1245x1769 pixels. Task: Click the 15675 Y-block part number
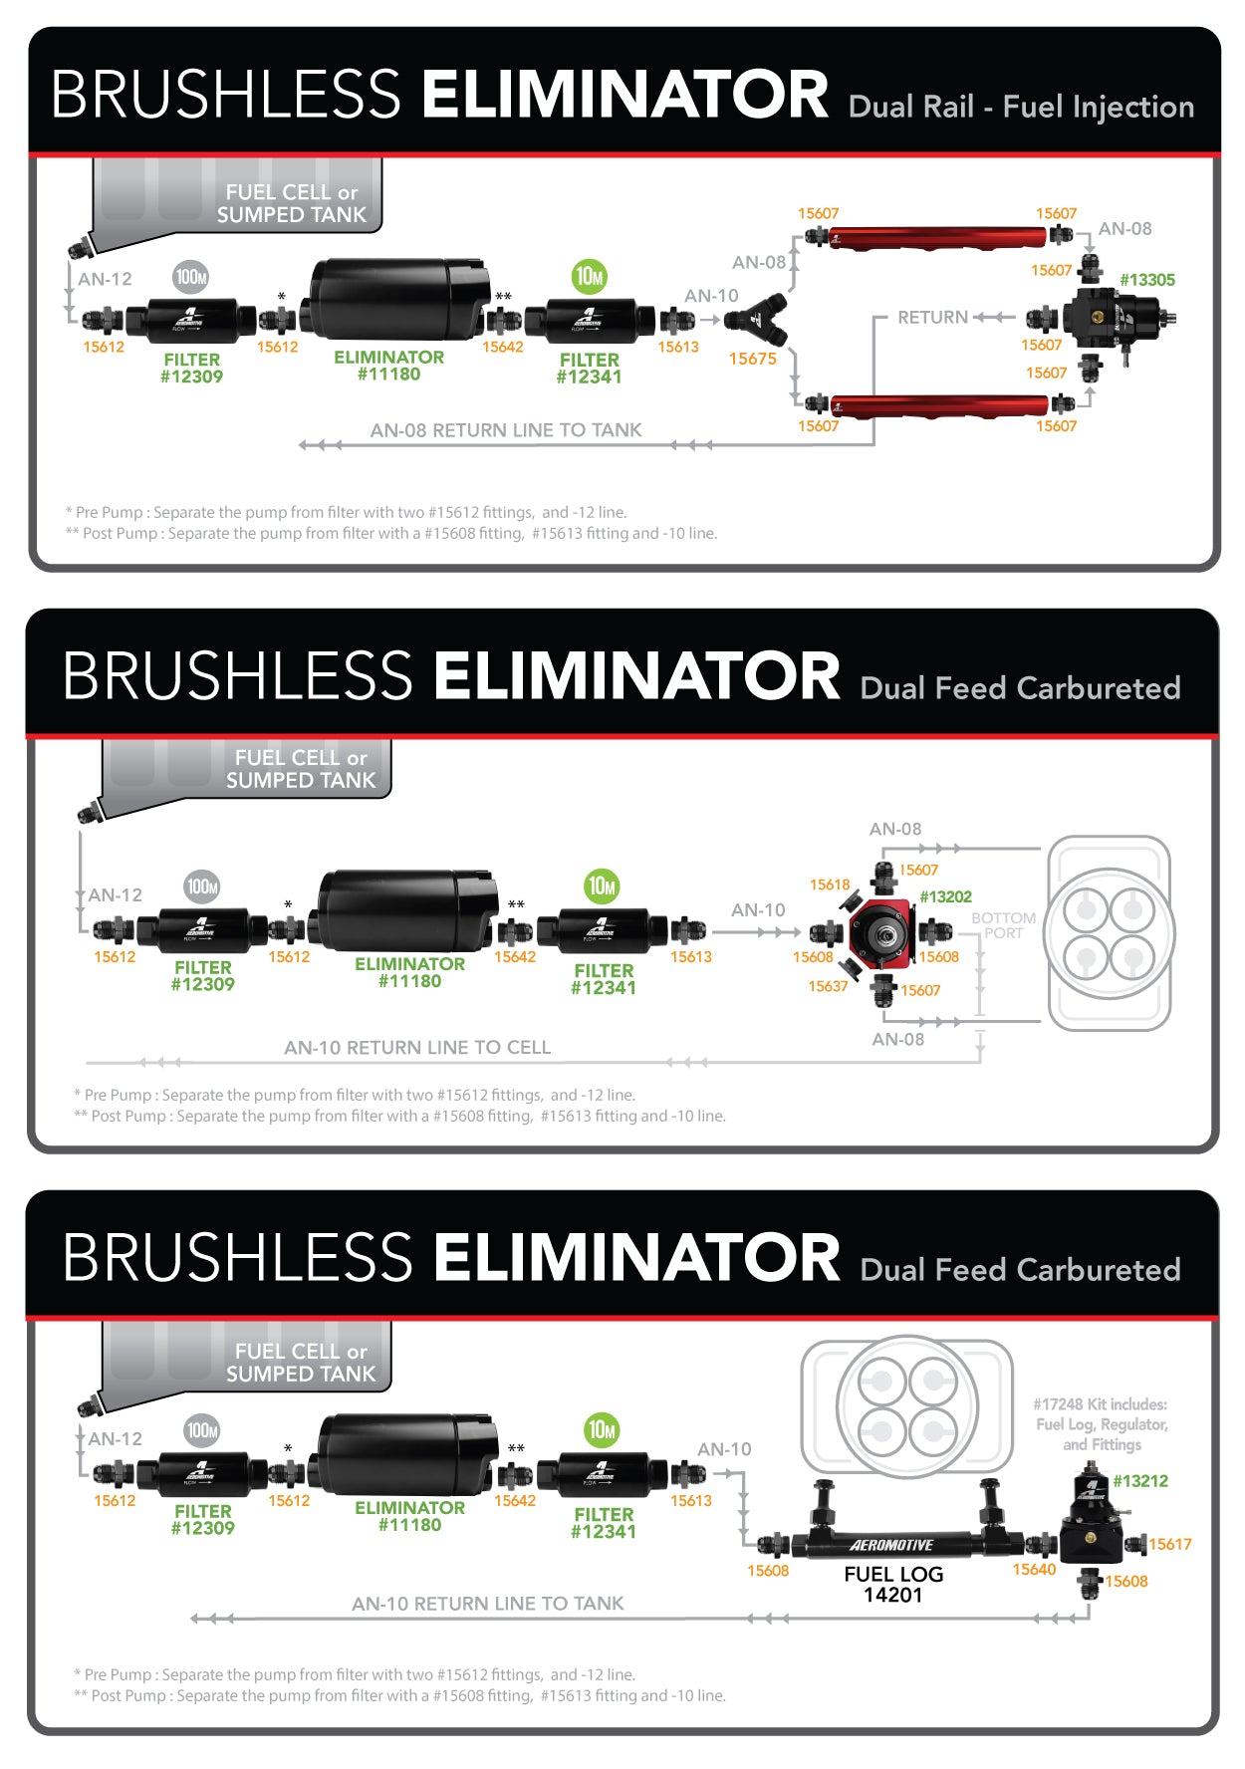(752, 359)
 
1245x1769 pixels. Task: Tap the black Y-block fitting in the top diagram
(755, 319)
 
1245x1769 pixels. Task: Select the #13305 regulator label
(1147, 280)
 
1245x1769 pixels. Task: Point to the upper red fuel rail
(936, 238)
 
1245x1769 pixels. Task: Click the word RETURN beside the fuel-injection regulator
(932, 318)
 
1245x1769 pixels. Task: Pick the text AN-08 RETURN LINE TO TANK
(506, 430)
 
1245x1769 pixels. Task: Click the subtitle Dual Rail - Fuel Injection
(1021, 107)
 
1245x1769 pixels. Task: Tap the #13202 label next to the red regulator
(945, 896)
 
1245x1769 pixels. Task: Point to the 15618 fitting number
(830, 884)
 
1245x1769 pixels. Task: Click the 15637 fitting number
(828, 986)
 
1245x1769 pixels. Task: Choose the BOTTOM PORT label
(1003, 925)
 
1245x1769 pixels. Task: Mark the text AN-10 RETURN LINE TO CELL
(417, 1048)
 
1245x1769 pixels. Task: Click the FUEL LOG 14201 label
(893, 1584)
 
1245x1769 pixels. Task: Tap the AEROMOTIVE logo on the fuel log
(891, 1546)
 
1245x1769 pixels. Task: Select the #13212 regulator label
(1140, 1481)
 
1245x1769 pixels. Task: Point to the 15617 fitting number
(1170, 1544)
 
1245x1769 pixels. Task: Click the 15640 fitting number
(1034, 1570)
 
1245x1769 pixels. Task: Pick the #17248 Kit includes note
(1101, 1424)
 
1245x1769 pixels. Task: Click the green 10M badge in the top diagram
(590, 277)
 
